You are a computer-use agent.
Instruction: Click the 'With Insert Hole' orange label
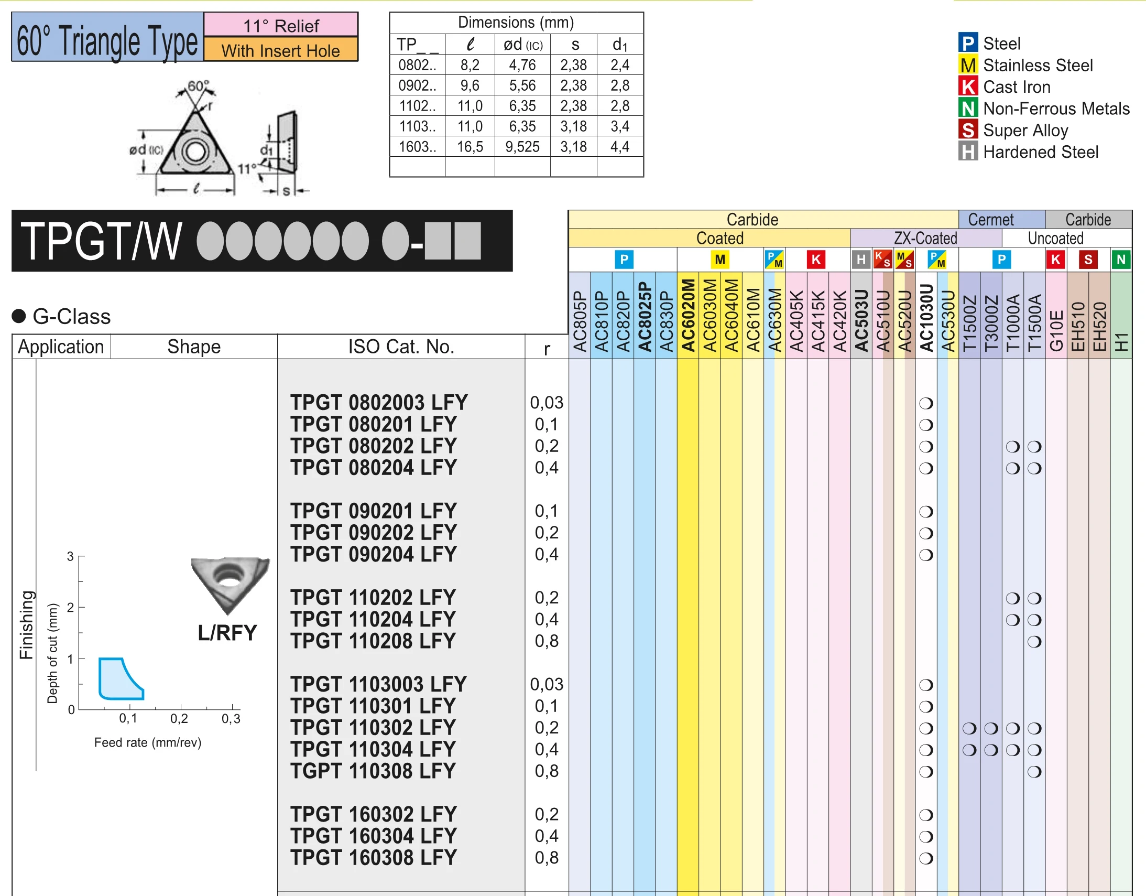tap(280, 50)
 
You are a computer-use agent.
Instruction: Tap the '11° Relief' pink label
tap(280, 25)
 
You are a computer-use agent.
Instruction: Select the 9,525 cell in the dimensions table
tap(522, 146)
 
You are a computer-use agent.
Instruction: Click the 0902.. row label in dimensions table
tap(417, 85)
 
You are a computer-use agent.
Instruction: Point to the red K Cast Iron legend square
tap(968, 87)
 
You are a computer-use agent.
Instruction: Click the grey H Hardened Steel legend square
tap(968, 152)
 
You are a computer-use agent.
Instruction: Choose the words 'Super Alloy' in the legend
tap(1025, 130)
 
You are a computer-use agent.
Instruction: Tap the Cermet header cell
tap(990, 219)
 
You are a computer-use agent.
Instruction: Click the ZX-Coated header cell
tap(925, 238)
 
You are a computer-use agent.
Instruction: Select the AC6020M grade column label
tap(688, 315)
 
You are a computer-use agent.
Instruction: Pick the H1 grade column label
tap(1121, 341)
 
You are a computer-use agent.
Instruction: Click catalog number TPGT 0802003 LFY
tap(379, 403)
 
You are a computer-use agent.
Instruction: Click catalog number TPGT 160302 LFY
tap(373, 814)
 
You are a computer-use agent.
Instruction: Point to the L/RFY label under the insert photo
tap(227, 632)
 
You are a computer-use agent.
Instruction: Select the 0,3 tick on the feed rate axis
tap(231, 719)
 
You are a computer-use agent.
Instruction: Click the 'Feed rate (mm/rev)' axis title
tap(147, 742)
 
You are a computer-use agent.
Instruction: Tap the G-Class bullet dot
tap(19, 316)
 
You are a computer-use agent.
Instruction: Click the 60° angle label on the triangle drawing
tap(198, 85)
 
